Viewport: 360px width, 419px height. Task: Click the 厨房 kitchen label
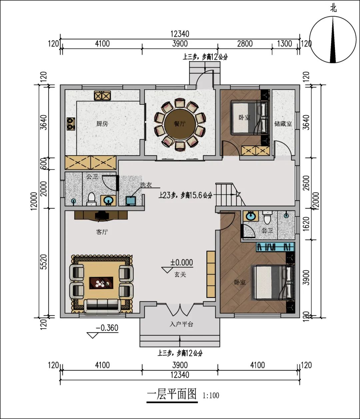pyautogui.click(x=102, y=123)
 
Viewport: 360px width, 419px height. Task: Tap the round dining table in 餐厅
pyautogui.click(x=180, y=123)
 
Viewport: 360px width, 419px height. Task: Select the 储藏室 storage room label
pyautogui.click(x=283, y=124)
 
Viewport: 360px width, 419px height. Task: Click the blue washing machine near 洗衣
pyautogui.click(x=131, y=201)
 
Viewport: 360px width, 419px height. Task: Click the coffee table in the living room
pyautogui.click(x=101, y=283)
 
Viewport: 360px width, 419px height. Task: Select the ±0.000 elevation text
pyautogui.click(x=182, y=263)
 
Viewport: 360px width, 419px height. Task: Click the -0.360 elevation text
pyautogui.click(x=107, y=328)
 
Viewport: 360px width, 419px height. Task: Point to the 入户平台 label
pyautogui.click(x=181, y=324)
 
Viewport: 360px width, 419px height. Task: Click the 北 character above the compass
pyautogui.click(x=333, y=9)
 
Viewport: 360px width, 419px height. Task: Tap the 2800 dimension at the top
pyautogui.click(x=245, y=44)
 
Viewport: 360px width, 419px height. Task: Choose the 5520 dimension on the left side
pyautogui.click(x=44, y=262)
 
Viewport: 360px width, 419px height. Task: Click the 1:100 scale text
pyautogui.click(x=211, y=395)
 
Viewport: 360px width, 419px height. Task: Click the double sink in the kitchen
pyautogui.click(x=102, y=95)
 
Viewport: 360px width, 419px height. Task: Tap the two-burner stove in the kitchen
pyautogui.click(x=71, y=124)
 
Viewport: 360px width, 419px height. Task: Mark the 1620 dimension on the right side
pyautogui.click(x=307, y=224)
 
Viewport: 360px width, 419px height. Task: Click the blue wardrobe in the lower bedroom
pyautogui.click(x=275, y=247)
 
